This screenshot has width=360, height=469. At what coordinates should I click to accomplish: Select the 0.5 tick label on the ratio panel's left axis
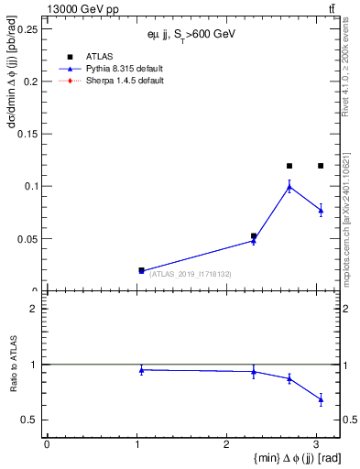(x=30, y=420)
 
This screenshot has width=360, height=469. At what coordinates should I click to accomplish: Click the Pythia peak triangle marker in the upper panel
(x=289, y=187)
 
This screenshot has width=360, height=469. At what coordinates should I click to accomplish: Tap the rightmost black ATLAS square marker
(x=321, y=166)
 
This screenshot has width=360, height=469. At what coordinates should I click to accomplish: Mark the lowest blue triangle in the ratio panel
(x=321, y=399)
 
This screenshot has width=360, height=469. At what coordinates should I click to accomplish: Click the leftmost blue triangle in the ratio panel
(x=141, y=369)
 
